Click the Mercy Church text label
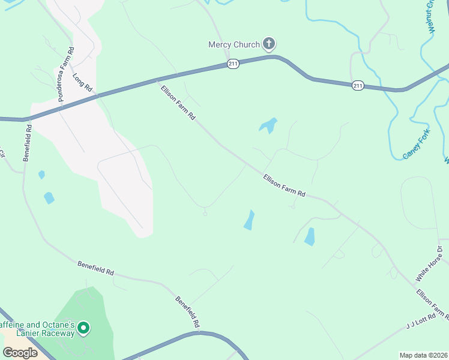pos(234,44)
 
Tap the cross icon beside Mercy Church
pos(269,44)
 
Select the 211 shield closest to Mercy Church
pos(233,64)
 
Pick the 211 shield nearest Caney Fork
pos(358,86)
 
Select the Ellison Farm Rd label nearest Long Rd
pos(178,103)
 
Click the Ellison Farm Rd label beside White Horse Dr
pos(432,304)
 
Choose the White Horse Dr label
pos(429,264)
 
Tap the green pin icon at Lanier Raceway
pos(84,328)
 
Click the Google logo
pos(20,352)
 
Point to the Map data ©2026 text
pos(423,355)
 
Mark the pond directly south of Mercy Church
pos(268,125)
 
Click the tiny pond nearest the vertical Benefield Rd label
pos(41,175)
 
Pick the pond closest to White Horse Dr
pos(310,236)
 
